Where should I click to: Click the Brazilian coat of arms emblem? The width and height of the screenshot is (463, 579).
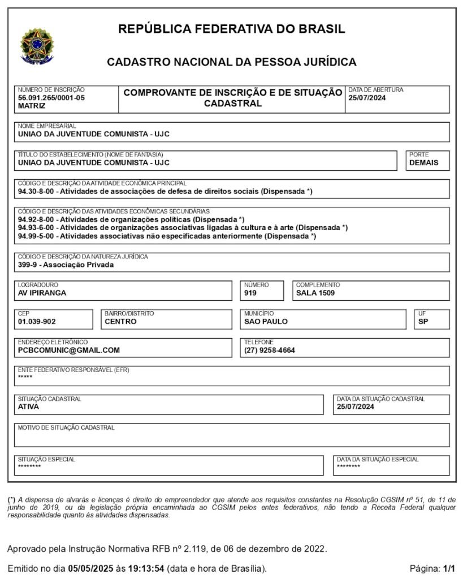click(x=37, y=45)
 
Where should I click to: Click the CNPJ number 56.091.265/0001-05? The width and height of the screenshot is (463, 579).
click(x=51, y=98)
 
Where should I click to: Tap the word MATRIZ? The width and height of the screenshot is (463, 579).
click(x=32, y=106)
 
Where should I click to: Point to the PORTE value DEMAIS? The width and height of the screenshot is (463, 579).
click(x=424, y=163)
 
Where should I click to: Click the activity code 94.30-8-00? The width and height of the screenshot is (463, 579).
click(x=36, y=192)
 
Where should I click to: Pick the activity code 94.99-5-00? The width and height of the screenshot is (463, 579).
click(x=36, y=236)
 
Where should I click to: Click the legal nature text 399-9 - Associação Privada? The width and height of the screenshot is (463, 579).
click(x=66, y=265)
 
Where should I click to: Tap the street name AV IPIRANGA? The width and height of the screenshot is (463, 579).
click(x=42, y=293)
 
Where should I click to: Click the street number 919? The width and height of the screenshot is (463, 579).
click(x=251, y=293)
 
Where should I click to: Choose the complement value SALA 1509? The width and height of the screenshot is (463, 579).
click(x=315, y=293)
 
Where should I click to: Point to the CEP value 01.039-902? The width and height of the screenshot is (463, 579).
click(x=37, y=322)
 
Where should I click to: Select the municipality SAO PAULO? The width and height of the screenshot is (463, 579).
click(x=266, y=322)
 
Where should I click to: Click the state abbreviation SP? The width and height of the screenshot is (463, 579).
click(x=423, y=322)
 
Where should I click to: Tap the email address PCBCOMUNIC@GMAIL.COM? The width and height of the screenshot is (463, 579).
click(x=69, y=351)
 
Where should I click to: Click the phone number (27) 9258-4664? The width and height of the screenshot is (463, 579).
click(x=270, y=351)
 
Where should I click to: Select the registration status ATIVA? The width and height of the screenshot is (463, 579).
click(x=28, y=407)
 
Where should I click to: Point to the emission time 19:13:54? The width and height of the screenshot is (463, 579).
click(x=146, y=568)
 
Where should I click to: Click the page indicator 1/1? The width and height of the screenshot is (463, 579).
click(x=449, y=568)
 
